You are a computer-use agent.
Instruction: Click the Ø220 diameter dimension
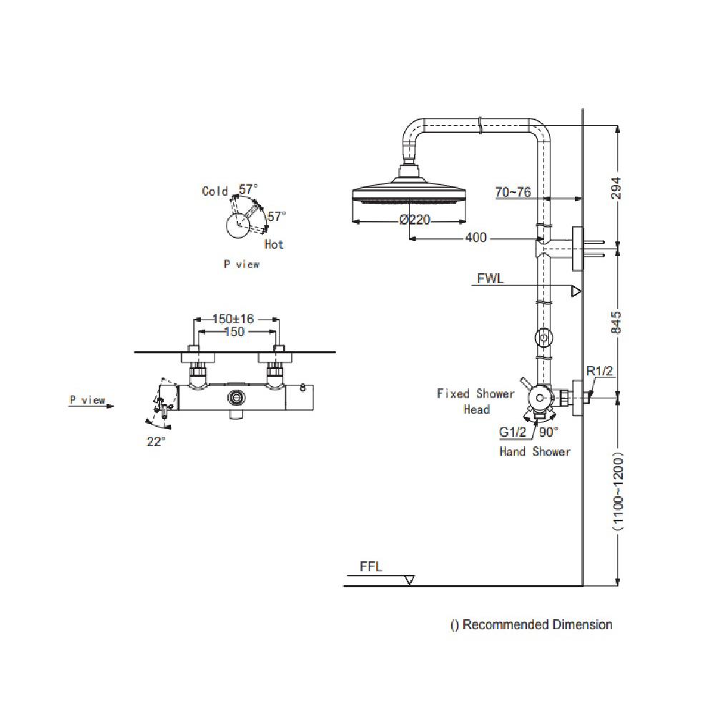point(415,220)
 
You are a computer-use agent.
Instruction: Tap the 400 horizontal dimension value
point(475,237)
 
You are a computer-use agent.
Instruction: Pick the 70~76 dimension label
point(513,192)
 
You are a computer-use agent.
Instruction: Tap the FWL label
point(491,279)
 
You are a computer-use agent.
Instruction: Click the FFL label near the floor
point(371,567)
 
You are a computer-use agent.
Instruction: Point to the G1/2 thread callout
point(513,432)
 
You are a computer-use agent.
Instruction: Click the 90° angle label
point(548,432)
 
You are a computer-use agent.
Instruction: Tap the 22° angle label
point(156,441)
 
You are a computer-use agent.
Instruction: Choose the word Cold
point(214,191)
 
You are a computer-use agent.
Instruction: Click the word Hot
point(273,245)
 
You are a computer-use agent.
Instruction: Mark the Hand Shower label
point(534,452)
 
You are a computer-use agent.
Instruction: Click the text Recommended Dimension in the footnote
point(537,625)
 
